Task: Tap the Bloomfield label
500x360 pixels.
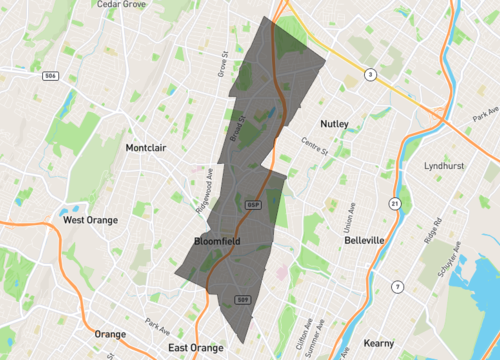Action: (217, 242)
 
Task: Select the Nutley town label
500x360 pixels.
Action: (334, 124)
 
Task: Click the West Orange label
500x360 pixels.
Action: (90, 220)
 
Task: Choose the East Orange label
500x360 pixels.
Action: (195, 347)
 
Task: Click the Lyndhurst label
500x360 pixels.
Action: (446, 166)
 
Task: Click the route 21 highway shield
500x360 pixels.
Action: (395, 205)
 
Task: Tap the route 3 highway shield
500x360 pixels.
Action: (370, 75)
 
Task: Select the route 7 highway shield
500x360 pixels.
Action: (398, 287)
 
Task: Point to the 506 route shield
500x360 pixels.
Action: (49, 75)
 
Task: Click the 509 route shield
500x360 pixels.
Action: (242, 298)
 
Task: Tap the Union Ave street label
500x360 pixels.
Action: (349, 213)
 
